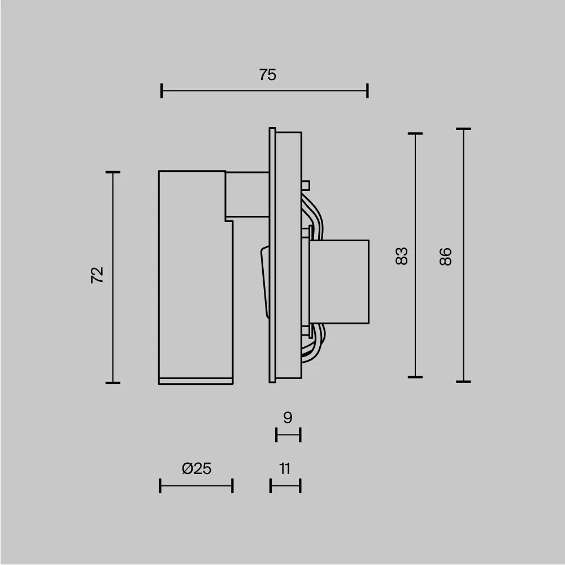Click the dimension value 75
point(268,75)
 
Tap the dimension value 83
point(401,256)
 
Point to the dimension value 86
point(446,257)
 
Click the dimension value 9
point(288,418)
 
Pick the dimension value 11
point(285,468)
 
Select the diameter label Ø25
point(197,468)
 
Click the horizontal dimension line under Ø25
point(196,485)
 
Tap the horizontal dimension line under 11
point(285,485)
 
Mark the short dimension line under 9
point(288,435)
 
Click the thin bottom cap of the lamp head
point(195,380)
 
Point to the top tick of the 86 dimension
point(464,129)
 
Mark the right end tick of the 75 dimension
point(368,90)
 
